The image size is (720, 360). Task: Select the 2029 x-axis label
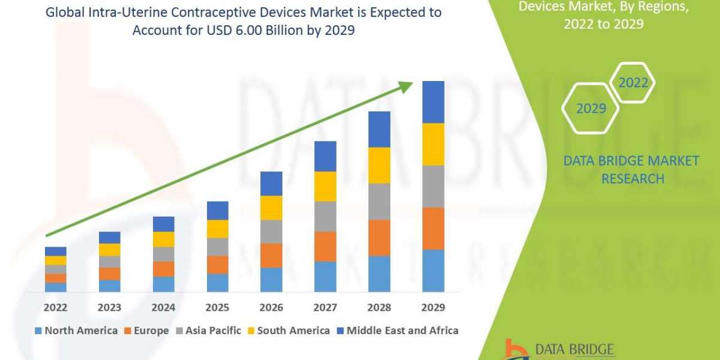coord(433,308)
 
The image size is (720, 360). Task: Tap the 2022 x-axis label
coord(55,308)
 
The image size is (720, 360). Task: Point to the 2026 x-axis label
coord(271,308)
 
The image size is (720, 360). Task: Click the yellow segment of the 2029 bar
coord(433,144)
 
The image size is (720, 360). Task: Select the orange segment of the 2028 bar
coord(379,238)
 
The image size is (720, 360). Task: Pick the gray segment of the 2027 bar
coord(325,216)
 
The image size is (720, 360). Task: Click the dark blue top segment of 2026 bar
coord(271,184)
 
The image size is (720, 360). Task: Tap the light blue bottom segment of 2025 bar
coord(217,283)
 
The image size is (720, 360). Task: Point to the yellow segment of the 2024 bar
coord(163,239)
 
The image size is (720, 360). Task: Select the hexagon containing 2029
coord(590,109)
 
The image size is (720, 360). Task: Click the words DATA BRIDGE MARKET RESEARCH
coord(632,170)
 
